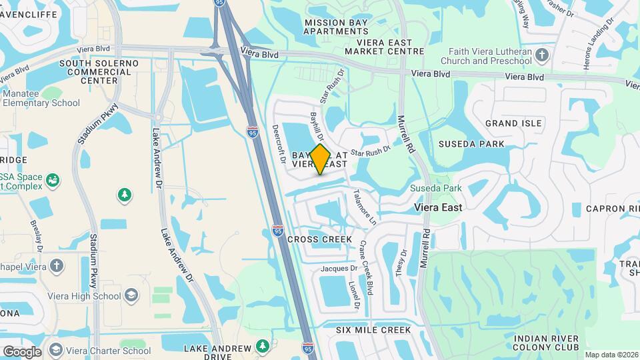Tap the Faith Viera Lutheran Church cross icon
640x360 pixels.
tap(541, 54)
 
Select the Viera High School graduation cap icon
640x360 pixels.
tap(131, 295)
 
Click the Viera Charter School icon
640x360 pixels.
tap(55, 350)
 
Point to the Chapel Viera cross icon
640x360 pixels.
tap(57, 265)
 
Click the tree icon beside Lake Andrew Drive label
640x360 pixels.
tap(263, 346)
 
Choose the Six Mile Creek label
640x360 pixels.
tap(373, 330)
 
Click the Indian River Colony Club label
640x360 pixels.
tap(546, 343)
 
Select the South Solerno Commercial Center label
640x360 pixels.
tap(99, 71)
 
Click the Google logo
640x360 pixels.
tap(22, 351)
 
